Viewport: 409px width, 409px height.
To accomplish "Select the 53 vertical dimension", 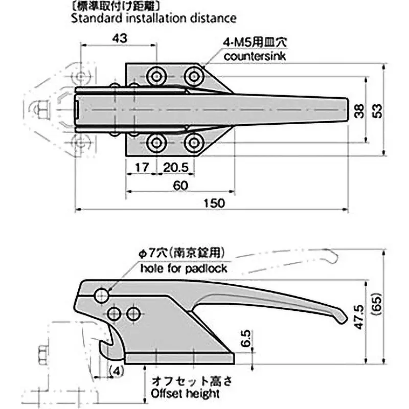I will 377,111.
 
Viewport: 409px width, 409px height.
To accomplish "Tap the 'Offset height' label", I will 185,394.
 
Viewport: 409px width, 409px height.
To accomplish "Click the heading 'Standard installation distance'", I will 153,18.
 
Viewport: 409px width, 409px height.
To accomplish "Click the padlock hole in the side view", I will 102,295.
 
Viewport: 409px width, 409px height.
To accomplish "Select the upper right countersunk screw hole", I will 192,77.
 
